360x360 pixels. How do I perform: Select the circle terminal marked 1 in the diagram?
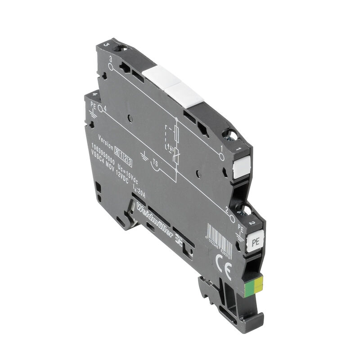pos(221,156)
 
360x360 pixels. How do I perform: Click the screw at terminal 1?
pos(233,134)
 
